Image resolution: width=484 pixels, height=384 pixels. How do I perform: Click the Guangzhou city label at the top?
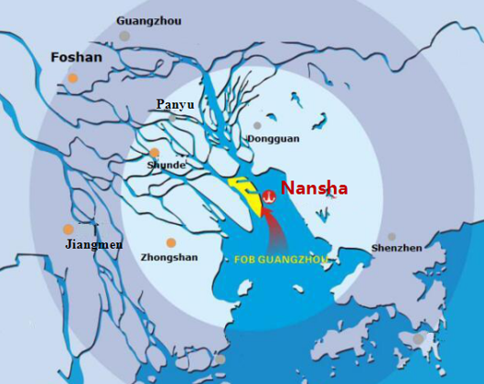[149, 20]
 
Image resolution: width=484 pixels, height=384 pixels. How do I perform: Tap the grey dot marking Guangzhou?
[124, 37]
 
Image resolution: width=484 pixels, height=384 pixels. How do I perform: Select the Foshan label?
[76, 57]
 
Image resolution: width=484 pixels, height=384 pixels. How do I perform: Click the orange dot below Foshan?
[72, 79]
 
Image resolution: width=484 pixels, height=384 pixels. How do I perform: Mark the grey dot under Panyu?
[172, 118]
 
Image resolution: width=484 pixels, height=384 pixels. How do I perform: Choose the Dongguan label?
[273, 139]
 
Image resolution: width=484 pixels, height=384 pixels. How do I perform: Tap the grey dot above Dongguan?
[257, 125]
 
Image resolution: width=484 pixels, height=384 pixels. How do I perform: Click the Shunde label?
[167, 165]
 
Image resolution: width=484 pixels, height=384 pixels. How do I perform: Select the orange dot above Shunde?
[155, 153]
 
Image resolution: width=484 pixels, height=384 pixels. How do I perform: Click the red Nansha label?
[314, 188]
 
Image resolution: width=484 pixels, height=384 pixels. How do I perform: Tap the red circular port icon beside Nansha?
[269, 196]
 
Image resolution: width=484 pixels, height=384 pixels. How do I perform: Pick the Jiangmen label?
[93, 245]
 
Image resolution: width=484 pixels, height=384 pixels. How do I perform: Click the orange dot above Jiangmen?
[68, 229]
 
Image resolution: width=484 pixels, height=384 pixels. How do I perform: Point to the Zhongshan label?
[169, 258]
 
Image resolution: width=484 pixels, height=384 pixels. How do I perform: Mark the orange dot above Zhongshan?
[171, 242]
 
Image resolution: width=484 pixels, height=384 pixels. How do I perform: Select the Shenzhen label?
[397, 248]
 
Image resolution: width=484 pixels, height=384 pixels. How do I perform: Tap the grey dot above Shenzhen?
[392, 237]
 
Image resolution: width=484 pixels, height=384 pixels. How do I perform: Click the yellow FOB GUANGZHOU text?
[281, 260]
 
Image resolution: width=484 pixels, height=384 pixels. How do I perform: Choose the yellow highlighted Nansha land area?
[244, 193]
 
